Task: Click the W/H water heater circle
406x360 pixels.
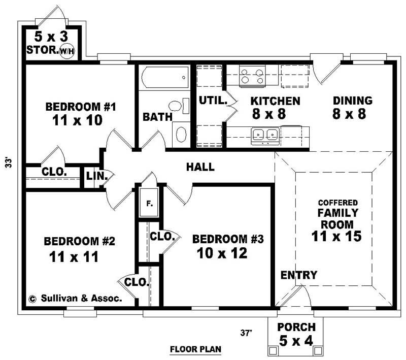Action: click(x=67, y=51)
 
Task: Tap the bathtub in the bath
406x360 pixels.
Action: click(x=165, y=77)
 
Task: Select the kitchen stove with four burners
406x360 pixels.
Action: click(x=252, y=76)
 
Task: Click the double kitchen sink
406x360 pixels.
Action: click(x=265, y=136)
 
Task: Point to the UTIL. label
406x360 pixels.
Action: click(x=213, y=101)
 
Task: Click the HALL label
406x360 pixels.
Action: click(x=200, y=167)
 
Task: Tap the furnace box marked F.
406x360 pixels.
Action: click(x=149, y=203)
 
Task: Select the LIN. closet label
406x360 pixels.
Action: click(x=97, y=176)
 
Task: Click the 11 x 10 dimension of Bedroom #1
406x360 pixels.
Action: click(x=78, y=120)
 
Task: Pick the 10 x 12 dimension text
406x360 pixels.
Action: click(x=222, y=253)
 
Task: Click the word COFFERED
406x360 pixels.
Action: click(x=338, y=203)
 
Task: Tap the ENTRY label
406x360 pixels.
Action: click(x=299, y=275)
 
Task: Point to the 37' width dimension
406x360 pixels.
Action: click(x=246, y=333)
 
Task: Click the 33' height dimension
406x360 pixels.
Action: click(x=9, y=162)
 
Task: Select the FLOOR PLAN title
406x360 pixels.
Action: click(x=195, y=349)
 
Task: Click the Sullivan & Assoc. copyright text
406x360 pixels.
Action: click(x=75, y=299)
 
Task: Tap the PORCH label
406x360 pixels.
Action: click(x=296, y=328)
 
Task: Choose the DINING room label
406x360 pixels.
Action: click(x=353, y=101)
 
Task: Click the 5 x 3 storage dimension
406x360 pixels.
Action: click(x=51, y=37)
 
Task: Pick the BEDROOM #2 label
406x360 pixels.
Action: click(x=80, y=241)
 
